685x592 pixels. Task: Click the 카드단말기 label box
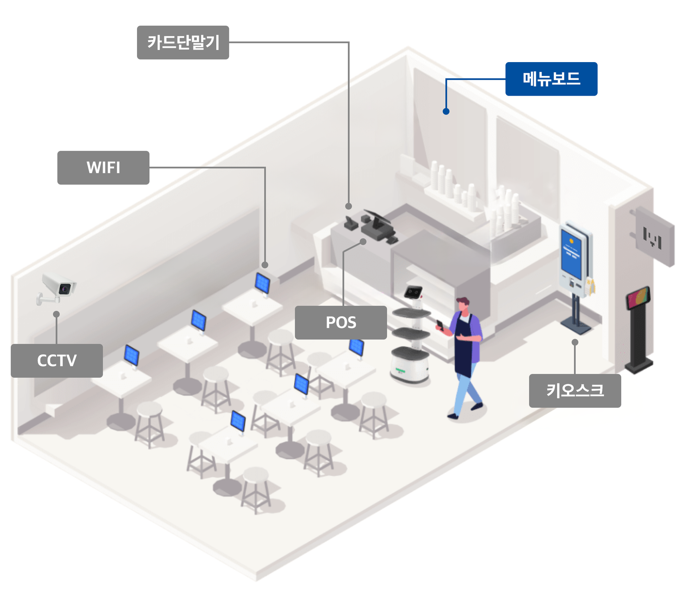pyautogui.click(x=183, y=42)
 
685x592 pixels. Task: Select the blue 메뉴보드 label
pyautogui.click(x=551, y=79)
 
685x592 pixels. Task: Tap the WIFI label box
pyautogui.click(x=103, y=167)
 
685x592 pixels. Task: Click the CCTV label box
pyautogui.click(x=57, y=360)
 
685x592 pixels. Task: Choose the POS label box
pyautogui.click(x=340, y=322)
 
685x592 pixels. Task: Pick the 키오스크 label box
pyautogui.click(x=574, y=390)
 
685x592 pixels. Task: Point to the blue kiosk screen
pyautogui.click(x=571, y=254)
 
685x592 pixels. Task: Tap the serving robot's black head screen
pyautogui.click(x=413, y=292)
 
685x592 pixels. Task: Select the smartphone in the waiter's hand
pyautogui.click(x=440, y=324)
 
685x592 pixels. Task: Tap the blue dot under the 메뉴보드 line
pyautogui.click(x=446, y=111)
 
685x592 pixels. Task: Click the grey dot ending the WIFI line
pyautogui.click(x=265, y=265)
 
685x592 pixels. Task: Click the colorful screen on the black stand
pyautogui.click(x=638, y=298)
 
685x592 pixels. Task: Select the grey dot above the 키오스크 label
pyautogui.click(x=575, y=342)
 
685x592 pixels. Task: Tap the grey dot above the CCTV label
pyautogui.click(x=56, y=314)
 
